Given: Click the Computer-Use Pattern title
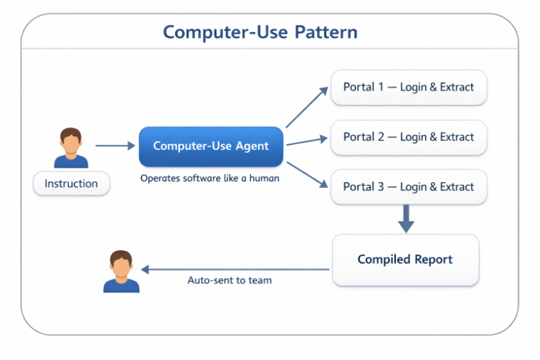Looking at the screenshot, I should coord(260,32).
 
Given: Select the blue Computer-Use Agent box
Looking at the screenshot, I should coord(211,146).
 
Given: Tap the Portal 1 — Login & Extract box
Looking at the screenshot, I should coord(408,87).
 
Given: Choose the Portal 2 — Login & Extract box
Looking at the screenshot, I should coord(408,137).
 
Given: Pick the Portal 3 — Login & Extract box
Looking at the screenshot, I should coord(408,187).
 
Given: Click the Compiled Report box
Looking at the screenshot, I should coord(405,260).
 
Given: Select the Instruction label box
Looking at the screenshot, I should coord(71,184).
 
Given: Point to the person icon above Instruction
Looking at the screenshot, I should coord(71,148).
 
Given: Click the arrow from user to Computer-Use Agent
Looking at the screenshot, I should coord(115,146).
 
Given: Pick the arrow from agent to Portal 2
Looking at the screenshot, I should coord(307,142).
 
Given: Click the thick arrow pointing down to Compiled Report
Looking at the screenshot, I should coord(406,218).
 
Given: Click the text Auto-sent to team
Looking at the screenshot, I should coord(229,280).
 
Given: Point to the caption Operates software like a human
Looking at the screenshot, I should coord(209,178).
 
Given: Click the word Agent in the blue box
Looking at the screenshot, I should coord(251,146).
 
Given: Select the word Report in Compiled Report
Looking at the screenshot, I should coord(429,260).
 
